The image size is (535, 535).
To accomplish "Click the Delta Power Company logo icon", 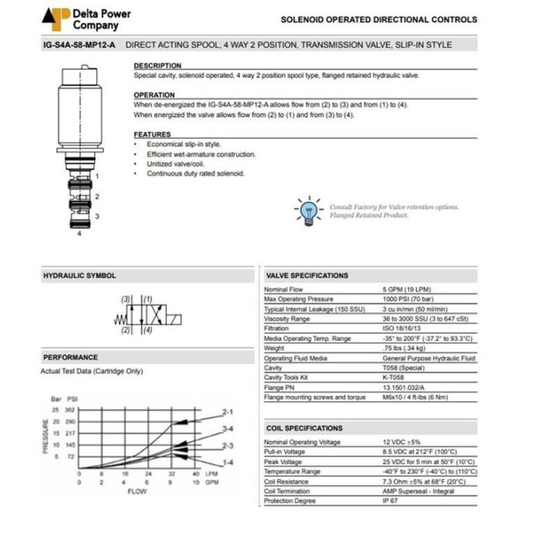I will (x=56, y=18).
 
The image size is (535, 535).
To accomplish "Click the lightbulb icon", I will (x=309, y=210).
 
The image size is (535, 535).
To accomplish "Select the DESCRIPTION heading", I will (x=157, y=66).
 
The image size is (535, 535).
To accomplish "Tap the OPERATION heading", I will (x=154, y=96).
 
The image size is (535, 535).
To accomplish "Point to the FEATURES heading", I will (x=152, y=135).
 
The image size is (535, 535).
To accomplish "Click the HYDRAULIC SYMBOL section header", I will (x=79, y=276).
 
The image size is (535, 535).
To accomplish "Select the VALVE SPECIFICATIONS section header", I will (x=306, y=276).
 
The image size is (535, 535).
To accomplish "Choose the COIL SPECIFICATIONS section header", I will (x=304, y=428).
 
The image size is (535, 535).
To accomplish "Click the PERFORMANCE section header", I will (x=70, y=357).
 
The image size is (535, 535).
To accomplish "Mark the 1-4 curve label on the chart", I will (x=227, y=462).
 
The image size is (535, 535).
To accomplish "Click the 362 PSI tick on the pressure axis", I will (x=70, y=410).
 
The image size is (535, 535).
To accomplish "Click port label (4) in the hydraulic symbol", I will (x=147, y=331).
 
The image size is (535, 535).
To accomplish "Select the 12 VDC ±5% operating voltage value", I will (x=400, y=443).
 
